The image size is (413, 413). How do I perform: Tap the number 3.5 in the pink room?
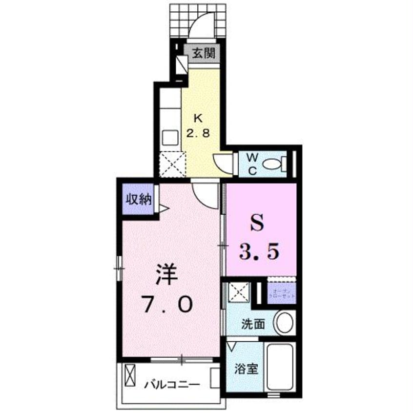click(x=258, y=253)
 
